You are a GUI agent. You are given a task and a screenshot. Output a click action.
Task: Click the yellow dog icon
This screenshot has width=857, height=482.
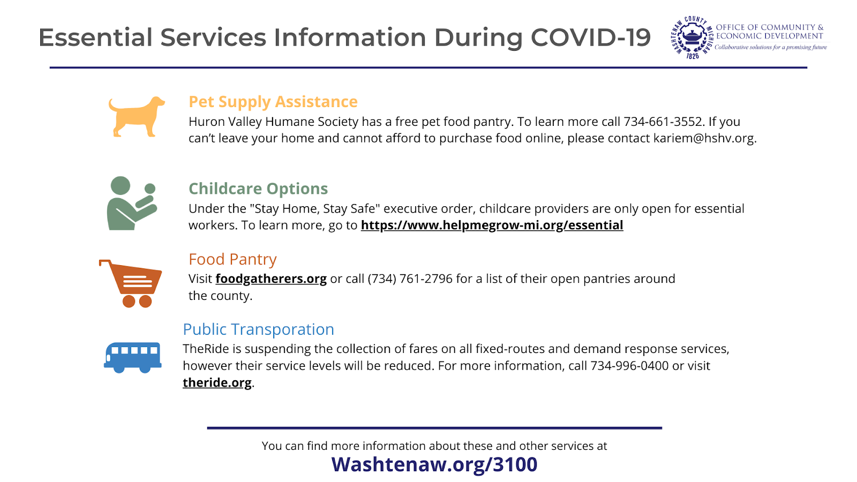pyautogui.click(x=137, y=117)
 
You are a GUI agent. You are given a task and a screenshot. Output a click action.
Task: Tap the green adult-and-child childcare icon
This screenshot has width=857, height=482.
pyautogui.click(x=132, y=203)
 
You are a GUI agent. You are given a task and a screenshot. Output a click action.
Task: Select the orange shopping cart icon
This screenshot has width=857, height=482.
pyautogui.click(x=131, y=283)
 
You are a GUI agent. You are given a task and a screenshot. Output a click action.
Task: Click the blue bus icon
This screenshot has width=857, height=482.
pyautogui.click(x=133, y=357)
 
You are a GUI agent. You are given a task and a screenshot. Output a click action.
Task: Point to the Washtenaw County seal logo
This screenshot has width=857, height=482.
pyautogui.click(x=692, y=37)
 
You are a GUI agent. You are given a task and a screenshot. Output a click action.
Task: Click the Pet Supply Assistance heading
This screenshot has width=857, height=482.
pyautogui.click(x=273, y=102)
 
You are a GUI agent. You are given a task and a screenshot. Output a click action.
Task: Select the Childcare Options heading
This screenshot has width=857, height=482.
pyautogui.click(x=258, y=189)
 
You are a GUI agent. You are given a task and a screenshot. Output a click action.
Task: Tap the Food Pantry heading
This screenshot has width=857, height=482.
pyautogui.click(x=232, y=259)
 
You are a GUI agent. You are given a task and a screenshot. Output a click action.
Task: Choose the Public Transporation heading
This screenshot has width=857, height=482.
pyautogui.click(x=259, y=329)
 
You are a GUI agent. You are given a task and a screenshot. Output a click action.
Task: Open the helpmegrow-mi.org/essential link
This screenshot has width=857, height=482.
pyautogui.click(x=492, y=225)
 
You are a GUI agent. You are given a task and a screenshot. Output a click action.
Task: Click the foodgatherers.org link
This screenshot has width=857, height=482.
pyautogui.click(x=271, y=279)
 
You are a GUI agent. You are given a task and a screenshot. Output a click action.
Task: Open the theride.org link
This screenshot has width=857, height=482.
pyautogui.click(x=217, y=382)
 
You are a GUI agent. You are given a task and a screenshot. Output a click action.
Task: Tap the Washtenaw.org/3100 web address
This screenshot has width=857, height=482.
pyautogui.click(x=434, y=464)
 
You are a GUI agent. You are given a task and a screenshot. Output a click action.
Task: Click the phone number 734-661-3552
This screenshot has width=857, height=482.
pyautogui.click(x=664, y=122)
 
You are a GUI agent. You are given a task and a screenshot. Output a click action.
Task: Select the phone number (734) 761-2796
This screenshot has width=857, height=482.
pyautogui.click(x=410, y=279)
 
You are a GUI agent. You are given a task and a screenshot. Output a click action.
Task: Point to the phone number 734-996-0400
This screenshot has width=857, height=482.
pyautogui.click(x=629, y=366)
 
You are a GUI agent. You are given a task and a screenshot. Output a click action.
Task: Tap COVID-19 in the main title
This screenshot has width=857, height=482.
pyautogui.click(x=591, y=37)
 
